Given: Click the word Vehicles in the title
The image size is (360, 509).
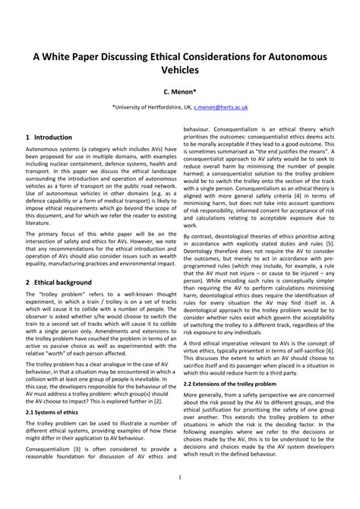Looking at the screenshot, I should pyautogui.click(x=179, y=69).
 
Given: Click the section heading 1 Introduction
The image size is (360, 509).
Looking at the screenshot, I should pyautogui.click(x=49, y=138).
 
